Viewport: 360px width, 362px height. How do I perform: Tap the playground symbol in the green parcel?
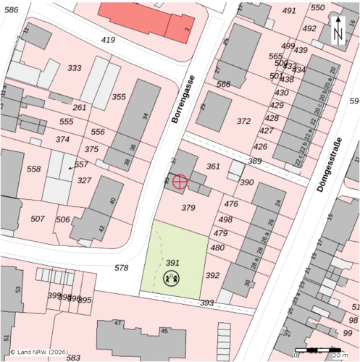pos(172,277)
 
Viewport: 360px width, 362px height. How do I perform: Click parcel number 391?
pos(172,263)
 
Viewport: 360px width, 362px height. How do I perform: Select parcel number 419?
pos(109,39)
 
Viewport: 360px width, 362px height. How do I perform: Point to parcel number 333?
pos(74,68)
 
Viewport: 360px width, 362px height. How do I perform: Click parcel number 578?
pos(121,268)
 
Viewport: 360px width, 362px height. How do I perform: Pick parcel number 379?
pos(188,208)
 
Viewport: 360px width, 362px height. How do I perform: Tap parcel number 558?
pos(33,169)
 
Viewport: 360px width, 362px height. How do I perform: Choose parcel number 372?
pos(243,121)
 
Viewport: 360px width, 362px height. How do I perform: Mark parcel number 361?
pos(213,167)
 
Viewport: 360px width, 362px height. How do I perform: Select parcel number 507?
pos(38,218)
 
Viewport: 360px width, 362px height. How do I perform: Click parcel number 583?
pos(72,358)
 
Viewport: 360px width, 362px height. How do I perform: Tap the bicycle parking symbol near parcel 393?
pos(51,276)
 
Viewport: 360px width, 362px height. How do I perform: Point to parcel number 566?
pos(223,85)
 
